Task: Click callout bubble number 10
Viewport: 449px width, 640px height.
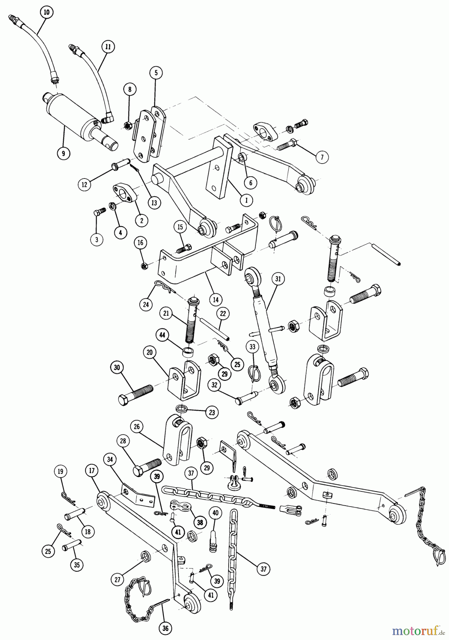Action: point(46,12)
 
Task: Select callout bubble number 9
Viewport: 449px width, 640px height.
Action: point(64,153)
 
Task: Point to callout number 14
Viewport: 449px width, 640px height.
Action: point(216,299)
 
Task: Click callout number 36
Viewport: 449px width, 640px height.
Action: point(165,628)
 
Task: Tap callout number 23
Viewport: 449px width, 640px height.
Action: point(212,412)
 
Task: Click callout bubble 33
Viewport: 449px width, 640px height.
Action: point(252,347)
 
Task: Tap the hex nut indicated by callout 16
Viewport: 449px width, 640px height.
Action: point(144,266)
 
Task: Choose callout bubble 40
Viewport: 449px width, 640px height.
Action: point(215,513)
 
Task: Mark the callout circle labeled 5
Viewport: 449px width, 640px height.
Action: point(156,73)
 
